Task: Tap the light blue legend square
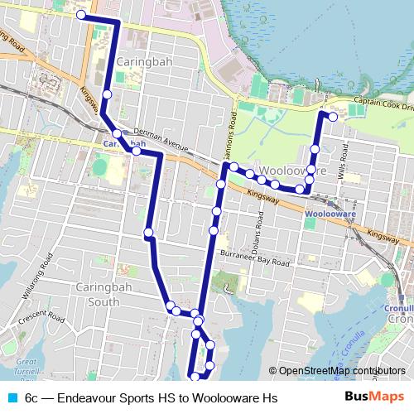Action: coord(12,398)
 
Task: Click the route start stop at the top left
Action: coord(80,15)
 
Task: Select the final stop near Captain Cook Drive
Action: coord(333,117)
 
